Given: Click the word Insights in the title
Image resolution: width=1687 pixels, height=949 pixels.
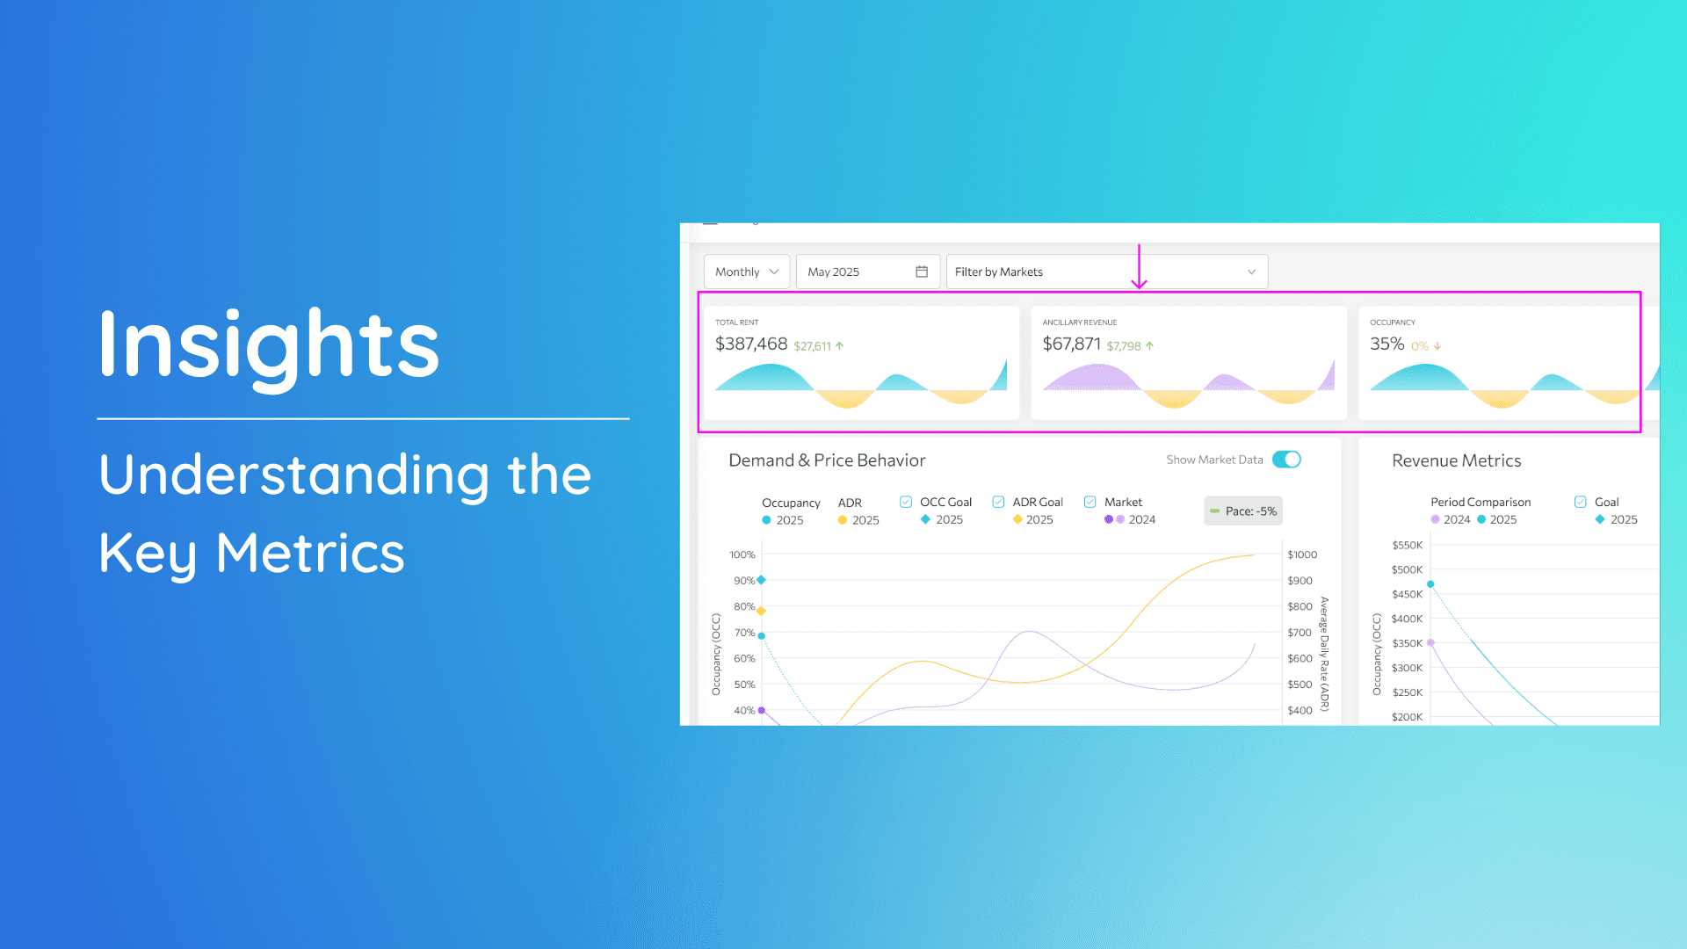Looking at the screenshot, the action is point(269,344).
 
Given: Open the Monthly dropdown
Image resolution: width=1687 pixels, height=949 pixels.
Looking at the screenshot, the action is point(747,272).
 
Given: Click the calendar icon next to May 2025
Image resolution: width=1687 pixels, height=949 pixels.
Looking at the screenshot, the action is point(922,272).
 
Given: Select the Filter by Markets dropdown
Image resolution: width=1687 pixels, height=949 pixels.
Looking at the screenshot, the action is point(1107,272).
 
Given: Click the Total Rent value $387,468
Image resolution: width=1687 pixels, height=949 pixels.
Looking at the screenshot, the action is point(751,344).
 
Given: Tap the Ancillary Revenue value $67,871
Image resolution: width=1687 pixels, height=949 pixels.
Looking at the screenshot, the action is point(1071,344).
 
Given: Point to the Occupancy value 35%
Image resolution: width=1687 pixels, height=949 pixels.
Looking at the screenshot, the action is point(1387,344).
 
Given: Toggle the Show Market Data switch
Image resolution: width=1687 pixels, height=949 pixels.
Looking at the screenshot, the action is point(1287,460).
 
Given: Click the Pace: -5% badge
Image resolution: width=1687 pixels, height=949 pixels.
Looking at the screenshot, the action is point(1243,511).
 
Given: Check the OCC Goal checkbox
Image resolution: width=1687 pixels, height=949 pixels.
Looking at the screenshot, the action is point(906,502).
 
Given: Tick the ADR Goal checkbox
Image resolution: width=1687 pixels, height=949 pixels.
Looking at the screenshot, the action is point(998,502).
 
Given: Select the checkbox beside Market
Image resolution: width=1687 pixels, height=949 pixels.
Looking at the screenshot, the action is point(1090,502).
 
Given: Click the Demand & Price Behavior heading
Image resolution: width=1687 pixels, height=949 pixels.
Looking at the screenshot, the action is point(827,460).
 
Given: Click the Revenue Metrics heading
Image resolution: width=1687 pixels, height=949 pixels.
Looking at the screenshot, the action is point(1457,460).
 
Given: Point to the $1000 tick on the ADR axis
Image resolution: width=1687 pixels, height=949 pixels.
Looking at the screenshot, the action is point(1302,554).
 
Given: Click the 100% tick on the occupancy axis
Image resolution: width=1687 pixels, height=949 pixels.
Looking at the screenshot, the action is point(742,554).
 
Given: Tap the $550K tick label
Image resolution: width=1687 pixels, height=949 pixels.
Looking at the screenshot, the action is point(1408,545).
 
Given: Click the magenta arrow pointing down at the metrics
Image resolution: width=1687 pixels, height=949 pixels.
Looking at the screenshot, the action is point(1139,266).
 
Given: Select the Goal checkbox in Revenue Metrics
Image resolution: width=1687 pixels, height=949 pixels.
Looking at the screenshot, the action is point(1580,502).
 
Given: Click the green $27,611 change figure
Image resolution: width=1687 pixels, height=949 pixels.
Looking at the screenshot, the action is point(812,346).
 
